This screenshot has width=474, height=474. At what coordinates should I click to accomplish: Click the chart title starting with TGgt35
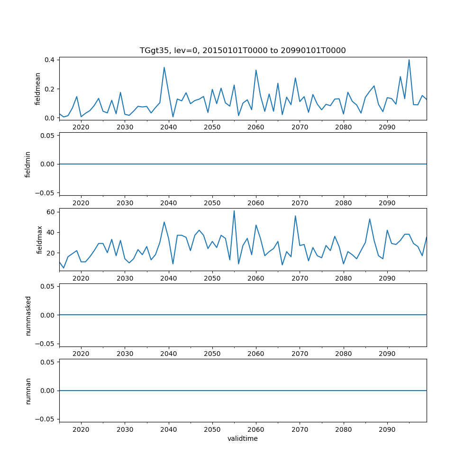pos(243,50)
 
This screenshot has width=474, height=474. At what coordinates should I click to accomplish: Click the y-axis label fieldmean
pos(37,89)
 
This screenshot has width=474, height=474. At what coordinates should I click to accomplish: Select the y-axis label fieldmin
pos(28,164)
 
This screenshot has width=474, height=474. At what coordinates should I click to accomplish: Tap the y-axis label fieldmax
pos(40,239)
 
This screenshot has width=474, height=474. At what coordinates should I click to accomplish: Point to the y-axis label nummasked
pos(28,315)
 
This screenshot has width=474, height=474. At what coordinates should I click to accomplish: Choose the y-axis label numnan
pos(28,391)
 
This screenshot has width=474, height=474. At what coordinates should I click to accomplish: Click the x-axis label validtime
pos(243,438)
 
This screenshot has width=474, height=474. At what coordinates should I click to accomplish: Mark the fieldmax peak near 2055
pos(234,211)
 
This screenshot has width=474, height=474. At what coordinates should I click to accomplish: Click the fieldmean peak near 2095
pos(409,60)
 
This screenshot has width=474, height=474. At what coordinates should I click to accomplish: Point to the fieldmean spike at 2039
pos(164,67)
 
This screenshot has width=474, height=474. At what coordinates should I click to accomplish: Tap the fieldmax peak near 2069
pos(295,216)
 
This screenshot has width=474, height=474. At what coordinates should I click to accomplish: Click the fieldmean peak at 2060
pos(256,70)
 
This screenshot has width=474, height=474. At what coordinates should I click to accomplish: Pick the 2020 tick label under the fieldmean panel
pos(81,127)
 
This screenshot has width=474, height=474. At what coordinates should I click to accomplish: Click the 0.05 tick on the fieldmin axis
pos(48,136)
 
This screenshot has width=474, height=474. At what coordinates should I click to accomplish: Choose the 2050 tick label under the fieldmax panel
pos(212,278)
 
